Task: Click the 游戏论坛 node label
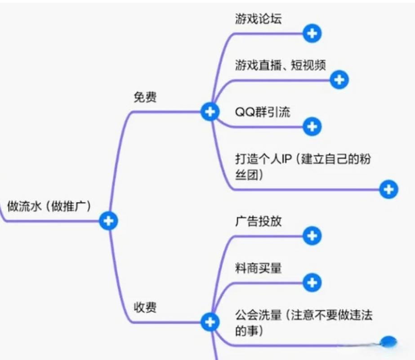(x=259, y=19)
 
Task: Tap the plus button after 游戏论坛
(x=312, y=33)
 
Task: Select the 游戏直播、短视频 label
(x=280, y=65)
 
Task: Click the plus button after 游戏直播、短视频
(x=339, y=80)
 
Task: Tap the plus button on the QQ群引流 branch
(x=312, y=126)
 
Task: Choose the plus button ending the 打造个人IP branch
(x=388, y=189)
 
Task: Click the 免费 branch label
(x=145, y=97)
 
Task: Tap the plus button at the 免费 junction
(x=210, y=112)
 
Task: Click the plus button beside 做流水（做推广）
(x=108, y=220)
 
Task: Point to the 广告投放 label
(x=258, y=221)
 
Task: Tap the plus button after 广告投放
(x=312, y=235)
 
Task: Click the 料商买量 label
(x=258, y=268)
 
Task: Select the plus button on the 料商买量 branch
(x=312, y=283)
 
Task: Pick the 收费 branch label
(x=145, y=308)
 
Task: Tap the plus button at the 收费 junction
(x=210, y=322)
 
